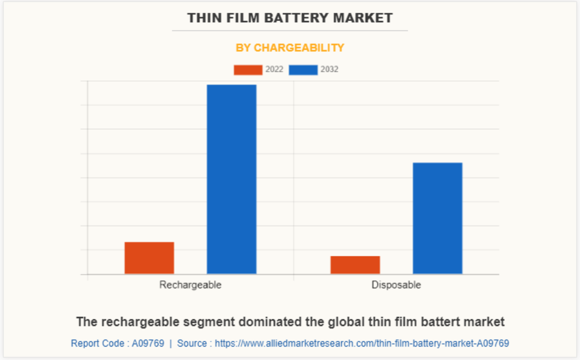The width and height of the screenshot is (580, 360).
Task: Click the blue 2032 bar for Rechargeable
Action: (x=232, y=179)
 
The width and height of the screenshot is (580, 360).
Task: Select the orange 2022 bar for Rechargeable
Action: (x=149, y=257)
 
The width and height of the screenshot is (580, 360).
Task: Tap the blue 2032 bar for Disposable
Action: (x=437, y=218)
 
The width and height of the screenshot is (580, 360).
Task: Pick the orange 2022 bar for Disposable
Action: (x=355, y=264)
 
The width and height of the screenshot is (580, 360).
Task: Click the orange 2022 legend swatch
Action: (x=248, y=70)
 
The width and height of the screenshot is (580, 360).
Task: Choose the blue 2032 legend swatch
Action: (x=303, y=70)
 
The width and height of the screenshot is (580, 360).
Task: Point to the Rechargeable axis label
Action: (x=190, y=285)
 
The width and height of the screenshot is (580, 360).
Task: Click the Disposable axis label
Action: (x=396, y=285)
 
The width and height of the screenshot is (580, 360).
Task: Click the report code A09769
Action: (x=148, y=344)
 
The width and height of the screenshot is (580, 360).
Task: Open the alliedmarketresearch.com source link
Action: (x=362, y=344)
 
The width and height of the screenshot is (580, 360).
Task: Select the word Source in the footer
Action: (x=192, y=344)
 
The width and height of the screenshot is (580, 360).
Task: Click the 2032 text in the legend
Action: (x=329, y=70)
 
